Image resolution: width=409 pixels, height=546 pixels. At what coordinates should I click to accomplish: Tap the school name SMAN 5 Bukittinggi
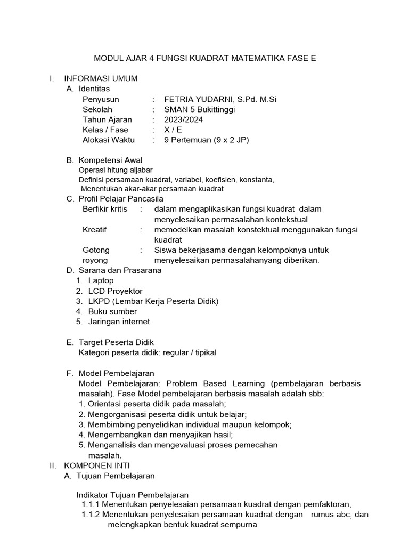point(200,109)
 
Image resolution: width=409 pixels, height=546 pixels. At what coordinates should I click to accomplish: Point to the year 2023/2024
point(183,119)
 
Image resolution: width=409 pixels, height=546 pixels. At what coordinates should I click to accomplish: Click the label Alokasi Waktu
point(109,140)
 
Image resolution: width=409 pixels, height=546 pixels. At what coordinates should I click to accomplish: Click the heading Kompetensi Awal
point(110,160)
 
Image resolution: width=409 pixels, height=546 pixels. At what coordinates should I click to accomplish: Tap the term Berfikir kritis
point(105,209)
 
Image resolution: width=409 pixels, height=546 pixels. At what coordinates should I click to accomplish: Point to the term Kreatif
point(95,229)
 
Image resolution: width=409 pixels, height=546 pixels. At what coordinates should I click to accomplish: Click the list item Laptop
point(101,280)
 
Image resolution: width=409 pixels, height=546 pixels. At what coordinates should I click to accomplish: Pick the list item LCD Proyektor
point(116,291)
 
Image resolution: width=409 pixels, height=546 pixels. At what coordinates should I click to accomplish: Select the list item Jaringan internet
point(119,322)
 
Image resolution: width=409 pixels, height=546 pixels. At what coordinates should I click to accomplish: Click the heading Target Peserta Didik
point(116,342)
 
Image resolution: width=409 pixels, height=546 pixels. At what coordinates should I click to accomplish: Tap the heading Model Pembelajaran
point(116,373)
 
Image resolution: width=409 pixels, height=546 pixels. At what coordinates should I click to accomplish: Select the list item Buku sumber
point(113,311)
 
